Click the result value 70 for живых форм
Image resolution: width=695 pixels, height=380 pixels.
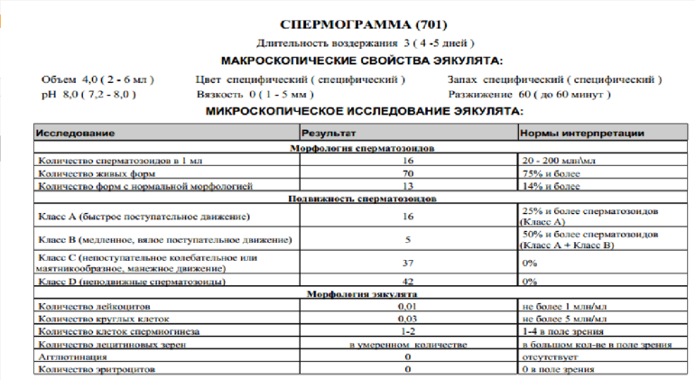[x=408, y=172]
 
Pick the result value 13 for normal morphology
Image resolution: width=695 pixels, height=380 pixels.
[x=408, y=185]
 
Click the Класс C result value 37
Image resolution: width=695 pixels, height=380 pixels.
[x=408, y=263]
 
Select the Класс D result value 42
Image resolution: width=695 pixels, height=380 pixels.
[x=408, y=282]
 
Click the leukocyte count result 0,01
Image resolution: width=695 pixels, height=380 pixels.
[x=408, y=308]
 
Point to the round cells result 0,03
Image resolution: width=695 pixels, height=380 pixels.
[x=408, y=320]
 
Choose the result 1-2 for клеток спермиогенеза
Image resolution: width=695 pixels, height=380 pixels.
[x=408, y=333]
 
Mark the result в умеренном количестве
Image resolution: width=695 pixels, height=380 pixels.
[x=408, y=346]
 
